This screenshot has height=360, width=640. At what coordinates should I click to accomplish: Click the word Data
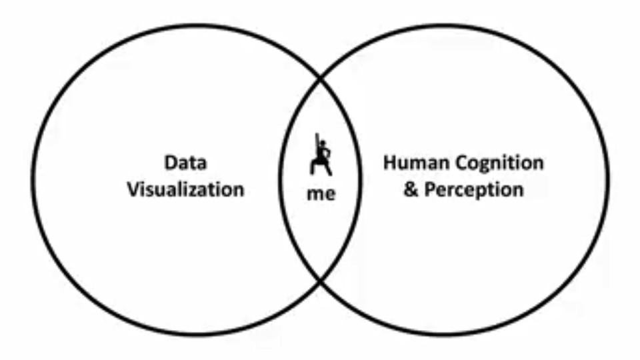tap(185, 163)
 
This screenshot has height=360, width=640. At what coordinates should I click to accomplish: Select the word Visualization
tap(186, 189)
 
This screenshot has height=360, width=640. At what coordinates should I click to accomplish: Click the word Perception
tap(474, 190)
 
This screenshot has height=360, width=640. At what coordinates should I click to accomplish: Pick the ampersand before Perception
tap(411, 190)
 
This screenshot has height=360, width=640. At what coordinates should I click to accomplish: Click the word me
tap(321, 194)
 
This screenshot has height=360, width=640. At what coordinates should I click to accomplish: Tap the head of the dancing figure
tap(323, 144)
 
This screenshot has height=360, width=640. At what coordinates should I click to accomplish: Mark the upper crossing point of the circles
tap(321, 77)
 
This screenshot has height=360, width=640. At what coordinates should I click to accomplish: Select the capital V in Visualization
tap(134, 189)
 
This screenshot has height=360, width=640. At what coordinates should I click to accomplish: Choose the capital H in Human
tap(390, 163)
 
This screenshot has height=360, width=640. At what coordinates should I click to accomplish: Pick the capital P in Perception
tap(430, 190)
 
